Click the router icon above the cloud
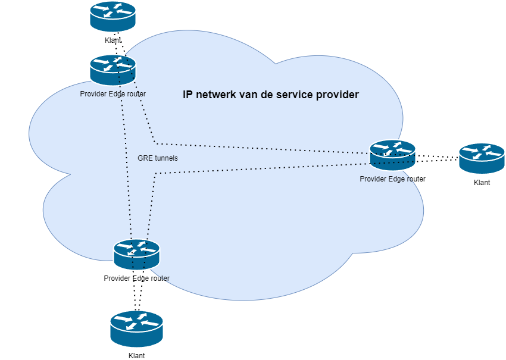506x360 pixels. (x=113, y=16)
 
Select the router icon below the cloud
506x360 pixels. (x=136, y=329)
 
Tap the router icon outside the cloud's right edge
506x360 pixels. (x=482, y=158)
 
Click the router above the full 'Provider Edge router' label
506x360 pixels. (x=113, y=70)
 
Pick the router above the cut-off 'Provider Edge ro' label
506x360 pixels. (x=392, y=155)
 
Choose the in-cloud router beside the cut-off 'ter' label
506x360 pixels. (x=136, y=255)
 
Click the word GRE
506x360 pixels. (x=145, y=158)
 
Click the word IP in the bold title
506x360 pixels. (x=188, y=94)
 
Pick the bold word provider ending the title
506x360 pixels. (x=339, y=94)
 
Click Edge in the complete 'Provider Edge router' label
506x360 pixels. (x=117, y=94)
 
